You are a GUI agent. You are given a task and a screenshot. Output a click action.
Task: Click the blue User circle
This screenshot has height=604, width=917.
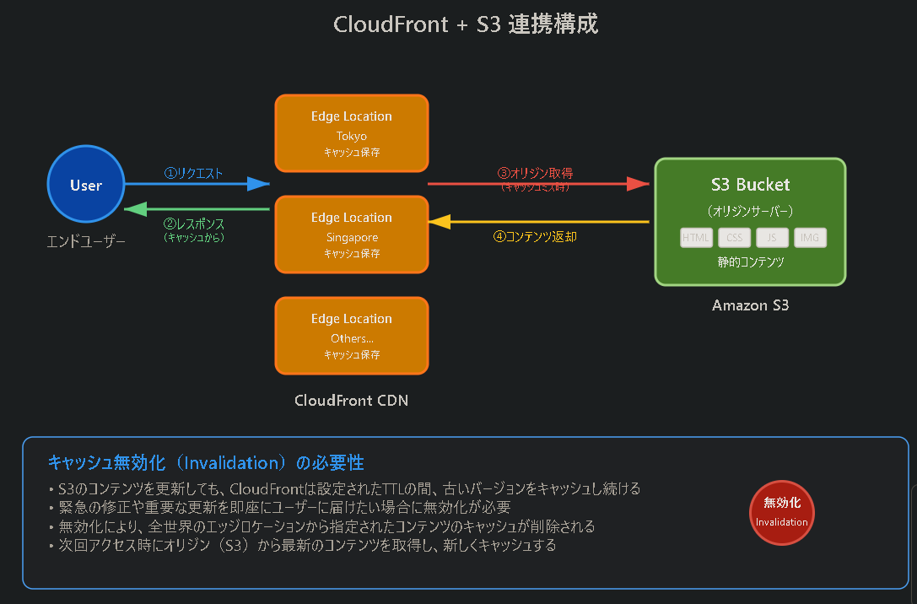(86, 185)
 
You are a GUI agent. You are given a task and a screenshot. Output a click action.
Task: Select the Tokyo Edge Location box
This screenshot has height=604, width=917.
(351, 133)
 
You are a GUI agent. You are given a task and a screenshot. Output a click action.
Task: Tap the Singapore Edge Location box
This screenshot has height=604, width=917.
(351, 235)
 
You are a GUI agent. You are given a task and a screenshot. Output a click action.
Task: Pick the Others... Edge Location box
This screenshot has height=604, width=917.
(351, 336)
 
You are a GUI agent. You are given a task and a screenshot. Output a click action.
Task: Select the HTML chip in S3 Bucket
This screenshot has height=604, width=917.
(696, 238)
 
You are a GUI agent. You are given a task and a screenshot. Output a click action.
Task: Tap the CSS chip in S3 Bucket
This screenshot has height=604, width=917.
(734, 238)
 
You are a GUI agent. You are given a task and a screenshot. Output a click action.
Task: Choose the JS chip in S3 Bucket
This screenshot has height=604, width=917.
(772, 238)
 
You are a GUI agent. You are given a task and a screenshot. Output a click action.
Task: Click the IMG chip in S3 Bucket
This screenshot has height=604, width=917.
(810, 238)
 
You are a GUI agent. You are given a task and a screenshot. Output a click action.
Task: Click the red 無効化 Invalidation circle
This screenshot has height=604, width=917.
(781, 513)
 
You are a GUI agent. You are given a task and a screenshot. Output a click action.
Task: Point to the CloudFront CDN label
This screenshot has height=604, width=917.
(351, 401)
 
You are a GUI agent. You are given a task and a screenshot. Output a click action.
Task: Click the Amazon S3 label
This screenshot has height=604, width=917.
(750, 305)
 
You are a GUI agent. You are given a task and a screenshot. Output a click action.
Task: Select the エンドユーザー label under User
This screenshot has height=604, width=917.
(86, 242)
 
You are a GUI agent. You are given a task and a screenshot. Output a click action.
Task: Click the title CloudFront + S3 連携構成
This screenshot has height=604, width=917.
(466, 24)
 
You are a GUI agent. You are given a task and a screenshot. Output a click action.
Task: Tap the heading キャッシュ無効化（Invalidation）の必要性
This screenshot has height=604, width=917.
(206, 463)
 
